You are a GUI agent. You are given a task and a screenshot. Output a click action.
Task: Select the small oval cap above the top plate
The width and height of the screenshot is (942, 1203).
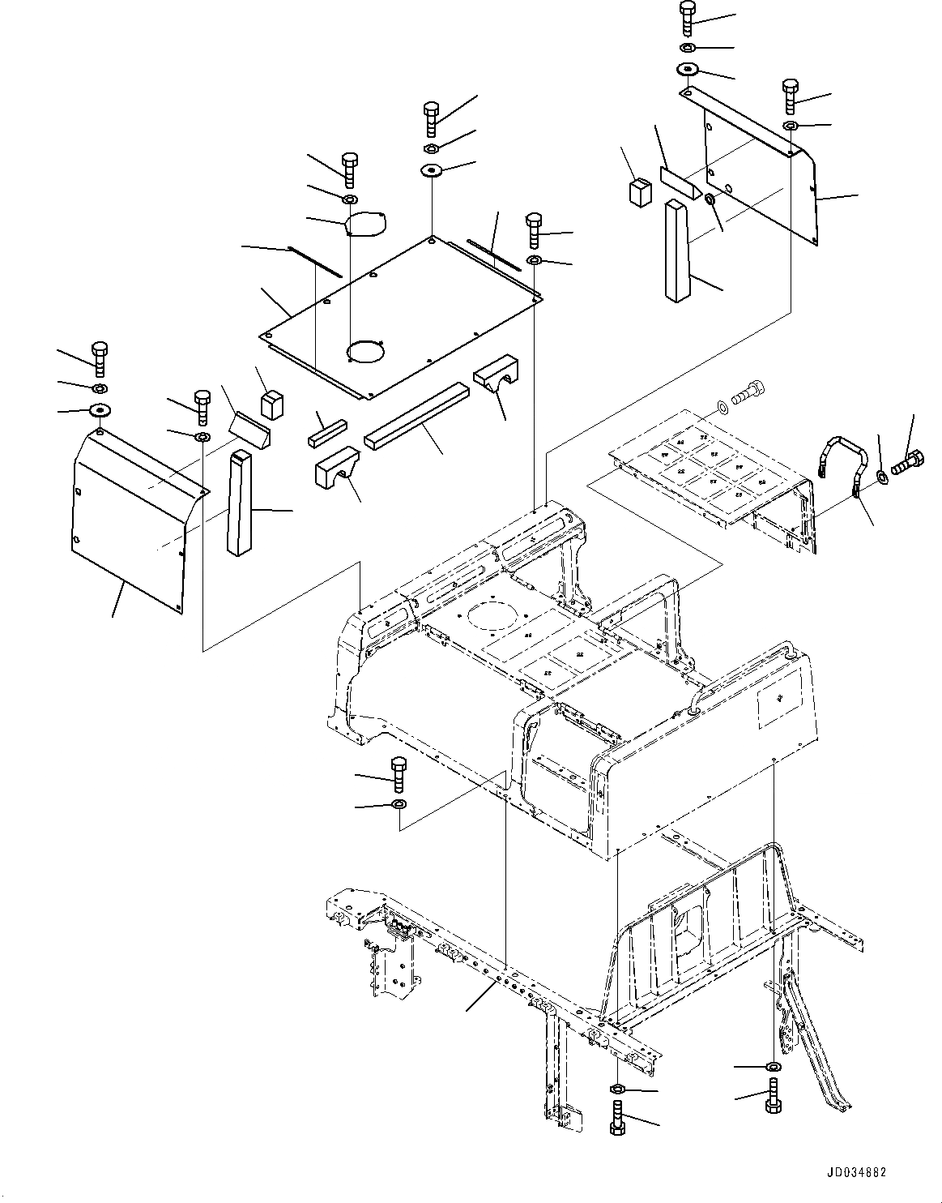[366, 223]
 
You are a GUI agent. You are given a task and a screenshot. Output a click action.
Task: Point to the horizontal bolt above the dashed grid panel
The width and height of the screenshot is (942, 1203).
[747, 395]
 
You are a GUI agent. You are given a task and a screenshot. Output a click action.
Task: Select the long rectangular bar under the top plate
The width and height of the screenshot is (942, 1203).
[418, 415]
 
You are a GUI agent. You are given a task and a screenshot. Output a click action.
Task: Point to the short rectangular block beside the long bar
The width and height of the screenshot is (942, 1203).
[326, 430]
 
